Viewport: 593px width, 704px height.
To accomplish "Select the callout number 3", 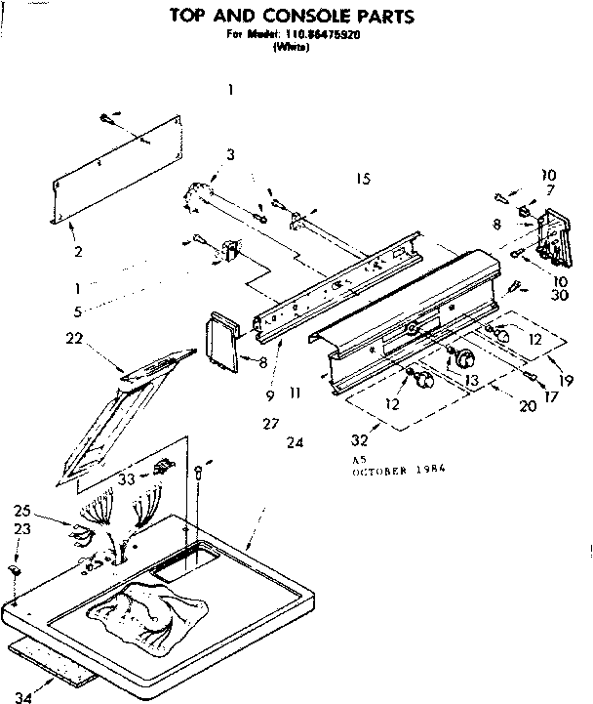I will [x=230, y=154].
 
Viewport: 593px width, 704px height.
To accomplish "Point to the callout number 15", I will [x=364, y=179].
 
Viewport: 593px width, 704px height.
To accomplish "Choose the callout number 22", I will [x=73, y=339].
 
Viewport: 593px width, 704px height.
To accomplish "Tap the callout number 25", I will [x=22, y=511].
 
